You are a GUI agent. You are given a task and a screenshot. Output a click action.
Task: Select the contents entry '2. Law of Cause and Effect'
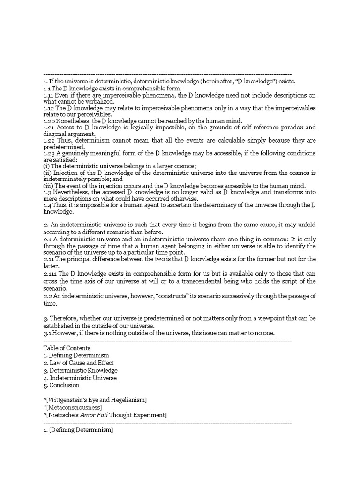(x=78, y=363)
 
